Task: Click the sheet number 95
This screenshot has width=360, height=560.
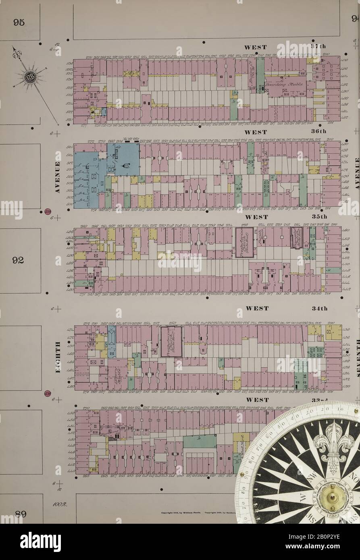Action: (19, 23)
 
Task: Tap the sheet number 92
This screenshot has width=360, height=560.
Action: (19, 260)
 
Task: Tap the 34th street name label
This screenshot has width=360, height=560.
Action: (319, 309)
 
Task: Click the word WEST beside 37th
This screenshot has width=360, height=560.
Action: (255, 47)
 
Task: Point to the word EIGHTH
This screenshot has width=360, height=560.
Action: (58, 357)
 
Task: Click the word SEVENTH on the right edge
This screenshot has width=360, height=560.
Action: (357, 357)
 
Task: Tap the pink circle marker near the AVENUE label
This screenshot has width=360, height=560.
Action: (48, 212)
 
